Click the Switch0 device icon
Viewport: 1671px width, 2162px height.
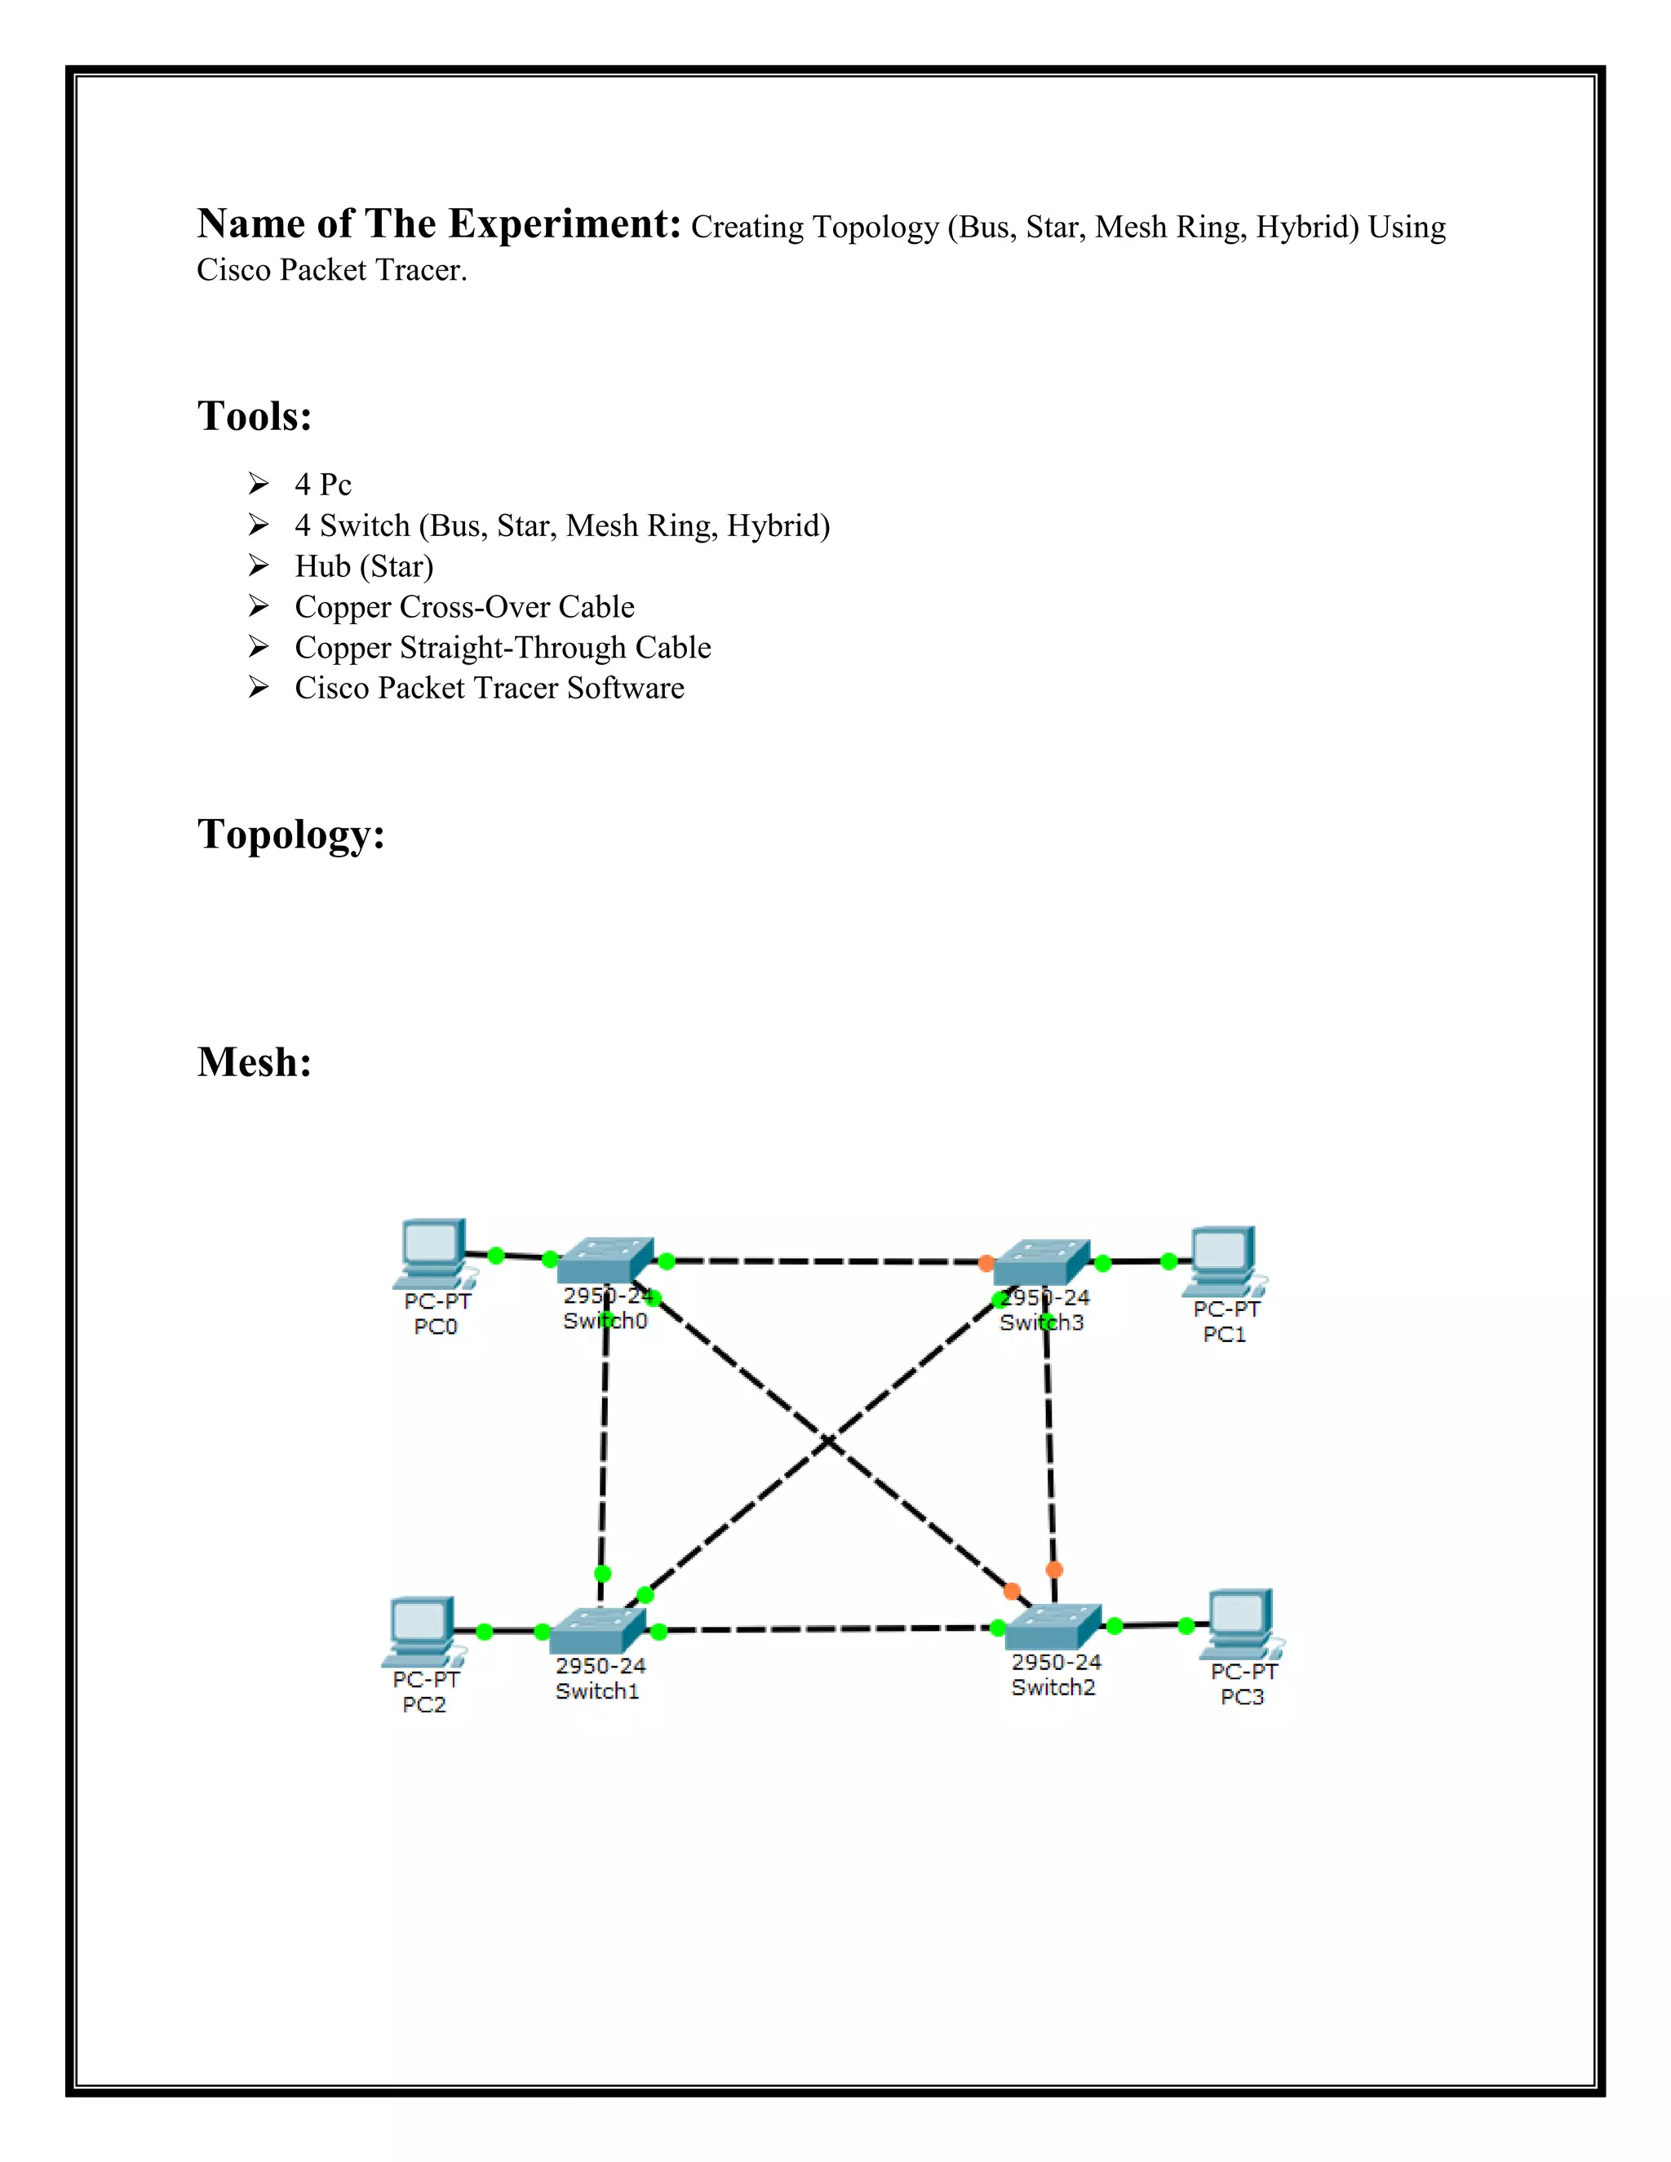pos(605,1260)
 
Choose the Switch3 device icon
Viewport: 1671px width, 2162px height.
pos(1041,1262)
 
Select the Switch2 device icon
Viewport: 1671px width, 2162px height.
pos(1053,1625)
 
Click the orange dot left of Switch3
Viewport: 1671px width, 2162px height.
pos(986,1263)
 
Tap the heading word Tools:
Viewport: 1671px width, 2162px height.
pos(255,417)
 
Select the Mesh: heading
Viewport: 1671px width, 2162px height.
pos(255,1062)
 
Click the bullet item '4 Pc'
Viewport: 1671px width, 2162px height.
pos(323,484)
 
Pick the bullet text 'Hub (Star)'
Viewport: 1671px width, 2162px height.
pos(363,566)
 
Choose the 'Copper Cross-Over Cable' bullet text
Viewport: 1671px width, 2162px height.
pos(464,607)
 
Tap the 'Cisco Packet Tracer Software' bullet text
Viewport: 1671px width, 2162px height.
pos(489,688)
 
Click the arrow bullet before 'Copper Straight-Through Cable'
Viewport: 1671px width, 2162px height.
pos(259,648)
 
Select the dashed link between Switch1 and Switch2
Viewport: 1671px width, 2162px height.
pos(827,1628)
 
